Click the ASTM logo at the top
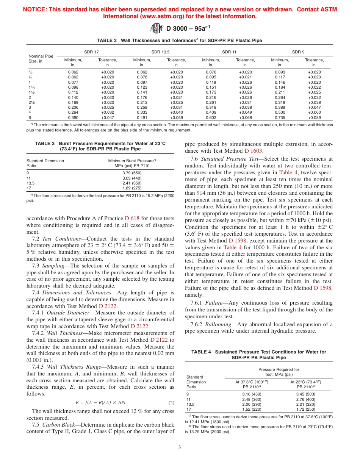point(156,28)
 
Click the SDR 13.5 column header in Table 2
point(160,52)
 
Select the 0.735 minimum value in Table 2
point(280,117)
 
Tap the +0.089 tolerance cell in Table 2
point(314,117)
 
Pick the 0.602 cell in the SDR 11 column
point(211,117)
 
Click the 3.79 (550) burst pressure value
point(132,173)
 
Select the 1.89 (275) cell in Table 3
point(132,188)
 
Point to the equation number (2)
point(171,402)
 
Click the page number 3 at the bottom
point(180,447)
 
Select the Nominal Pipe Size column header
point(41,58)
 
